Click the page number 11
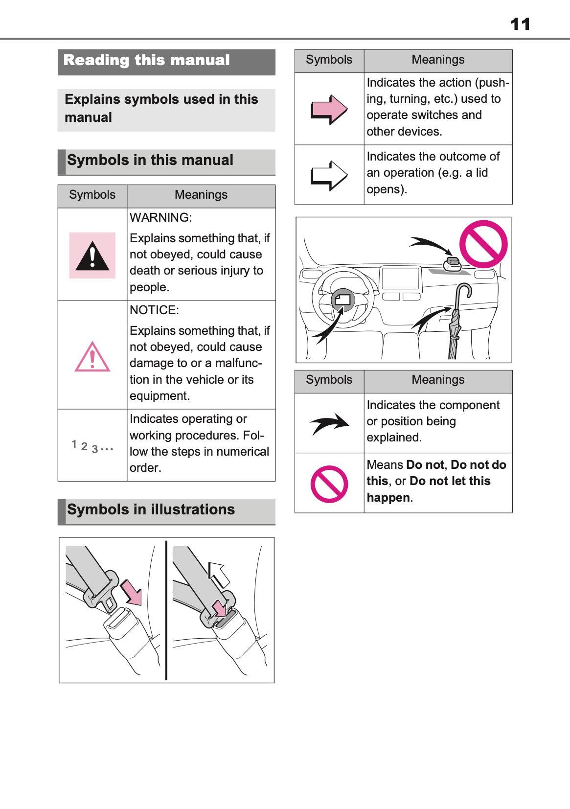[x=520, y=24]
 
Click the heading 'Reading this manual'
[x=146, y=60]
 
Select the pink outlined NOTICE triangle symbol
[x=92, y=357]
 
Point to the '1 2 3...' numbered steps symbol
[x=92, y=446]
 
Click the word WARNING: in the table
[x=160, y=218]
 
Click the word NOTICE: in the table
[x=154, y=310]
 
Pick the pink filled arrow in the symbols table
[x=329, y=109]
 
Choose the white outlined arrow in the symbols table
[x=329, y=175]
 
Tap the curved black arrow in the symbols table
[x=330, y=423]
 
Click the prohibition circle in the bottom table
[x=329, y=484]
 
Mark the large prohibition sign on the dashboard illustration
[x=483, y=244]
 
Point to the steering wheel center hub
[x=343, y=300]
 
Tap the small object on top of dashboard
[x=452, y=264]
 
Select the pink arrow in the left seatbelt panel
[x=131, y=592]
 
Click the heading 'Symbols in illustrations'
[x=151, y=509]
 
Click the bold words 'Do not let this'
[x=450, y=481]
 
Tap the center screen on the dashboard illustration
[x=400, y=278]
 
